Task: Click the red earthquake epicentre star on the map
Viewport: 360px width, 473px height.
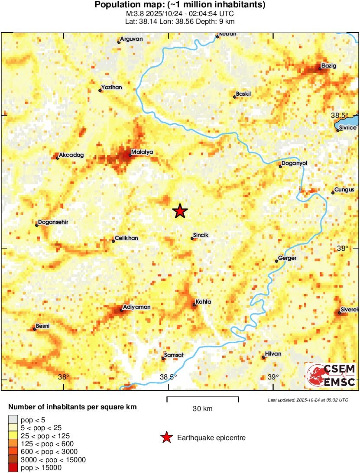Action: click(x=180, y=211)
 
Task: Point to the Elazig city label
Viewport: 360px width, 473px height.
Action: click(x=328, y=66)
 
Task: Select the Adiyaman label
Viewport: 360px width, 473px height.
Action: click(x=137, y=307)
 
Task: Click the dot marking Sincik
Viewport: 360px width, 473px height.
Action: click(x=192, y=238)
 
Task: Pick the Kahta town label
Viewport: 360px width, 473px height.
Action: click(x=203, y=301)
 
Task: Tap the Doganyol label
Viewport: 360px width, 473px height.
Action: click(x=294, y=163)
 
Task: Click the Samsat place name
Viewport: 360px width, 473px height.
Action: click(x=173, y=355)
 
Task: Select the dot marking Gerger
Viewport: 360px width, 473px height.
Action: click(x=276, y=261)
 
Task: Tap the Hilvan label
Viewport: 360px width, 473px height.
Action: click(x=273, y=354)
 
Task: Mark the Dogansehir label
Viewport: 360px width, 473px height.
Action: click(x=53, y=222)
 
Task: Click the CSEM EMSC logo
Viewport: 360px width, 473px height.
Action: click(x=331, y=375)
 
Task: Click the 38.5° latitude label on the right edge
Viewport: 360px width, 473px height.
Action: click(x=339, y=115)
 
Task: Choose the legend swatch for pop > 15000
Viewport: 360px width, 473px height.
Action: click(x=13, y=467)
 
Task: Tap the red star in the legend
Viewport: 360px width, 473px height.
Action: click(x=166, y=438)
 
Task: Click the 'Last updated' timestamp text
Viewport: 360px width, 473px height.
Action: click(x=308, y=400)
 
